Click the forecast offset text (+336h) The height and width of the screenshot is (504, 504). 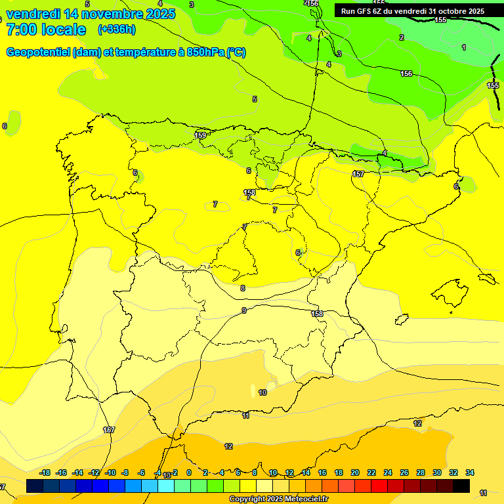[116, 29]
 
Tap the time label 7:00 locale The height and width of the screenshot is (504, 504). [46, 30]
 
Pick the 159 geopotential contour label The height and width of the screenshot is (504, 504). [201, 135]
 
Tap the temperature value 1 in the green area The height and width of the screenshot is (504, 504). [464, 47]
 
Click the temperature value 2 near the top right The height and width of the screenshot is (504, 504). [402, 37]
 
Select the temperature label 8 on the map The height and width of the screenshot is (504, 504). [243, 288]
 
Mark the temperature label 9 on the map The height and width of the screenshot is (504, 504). [244, 310]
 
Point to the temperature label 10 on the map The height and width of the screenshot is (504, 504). [262, 392]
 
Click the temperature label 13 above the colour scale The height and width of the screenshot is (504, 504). [167, 475]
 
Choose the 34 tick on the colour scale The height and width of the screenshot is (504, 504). [470, 472]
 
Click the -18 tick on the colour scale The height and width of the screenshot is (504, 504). [45, 472]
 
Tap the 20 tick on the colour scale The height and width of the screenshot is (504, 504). [355, 472]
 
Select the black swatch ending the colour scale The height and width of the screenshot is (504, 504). [461, 486]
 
